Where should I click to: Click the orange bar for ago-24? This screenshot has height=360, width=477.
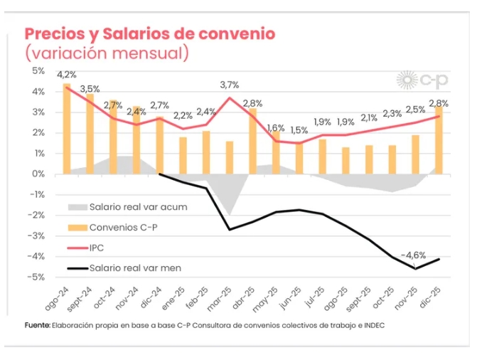[x=67, y=128]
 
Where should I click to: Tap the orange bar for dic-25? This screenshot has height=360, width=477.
[x=439, y=139]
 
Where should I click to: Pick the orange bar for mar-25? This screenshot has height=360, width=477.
[x=229, y=157]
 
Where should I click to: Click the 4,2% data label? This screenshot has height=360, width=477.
[x=67, y=75]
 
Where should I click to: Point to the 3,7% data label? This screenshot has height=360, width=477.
[x=229, y=85]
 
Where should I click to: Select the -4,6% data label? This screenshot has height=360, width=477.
[x=413, y=255]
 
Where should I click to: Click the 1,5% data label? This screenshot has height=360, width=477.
[x=299, y=130]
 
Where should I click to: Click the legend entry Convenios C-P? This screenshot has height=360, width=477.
[x=121, y=227]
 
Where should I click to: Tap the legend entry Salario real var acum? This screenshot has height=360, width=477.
[x=132, y=207]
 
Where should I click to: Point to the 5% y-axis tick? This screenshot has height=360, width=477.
[x=38, y=71]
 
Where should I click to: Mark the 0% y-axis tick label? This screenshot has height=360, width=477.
[x=38, y=174]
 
